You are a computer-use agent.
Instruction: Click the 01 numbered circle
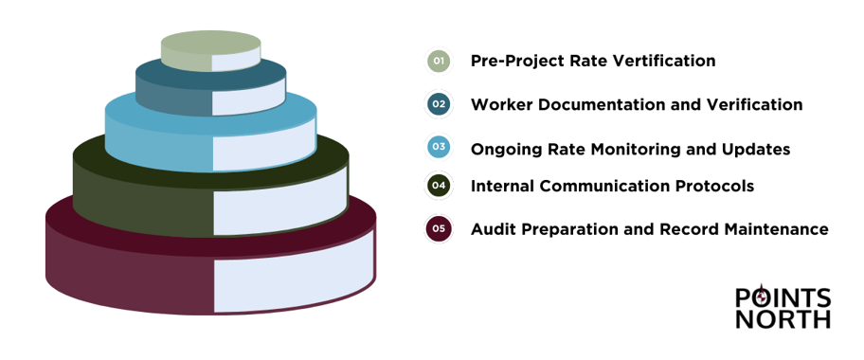pos(438,61)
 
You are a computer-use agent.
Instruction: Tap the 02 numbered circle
pos(438,104)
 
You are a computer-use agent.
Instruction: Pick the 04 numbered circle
pos(438,186)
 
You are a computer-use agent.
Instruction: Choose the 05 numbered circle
pos(438,229)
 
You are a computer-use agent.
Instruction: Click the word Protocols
pos(712,186)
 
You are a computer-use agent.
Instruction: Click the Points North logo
pos(783,308)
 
